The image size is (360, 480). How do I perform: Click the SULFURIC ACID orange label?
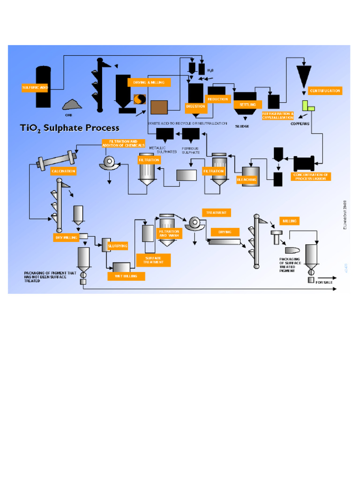click(35, 88)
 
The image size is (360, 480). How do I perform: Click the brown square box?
click(159, 107)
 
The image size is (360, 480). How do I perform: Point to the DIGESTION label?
click(195, 106)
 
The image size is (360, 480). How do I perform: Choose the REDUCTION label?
click(218, 99)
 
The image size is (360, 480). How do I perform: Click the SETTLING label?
click(247, 105)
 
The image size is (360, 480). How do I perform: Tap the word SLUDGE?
click(242, 126)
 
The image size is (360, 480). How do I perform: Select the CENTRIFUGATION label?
click(325, 90)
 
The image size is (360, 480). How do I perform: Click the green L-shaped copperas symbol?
click(307, 106)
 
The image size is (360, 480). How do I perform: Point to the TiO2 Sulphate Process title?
click(69, 128)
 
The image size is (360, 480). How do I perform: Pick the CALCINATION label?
click(63, 171)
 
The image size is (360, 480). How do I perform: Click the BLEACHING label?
click(247, 180)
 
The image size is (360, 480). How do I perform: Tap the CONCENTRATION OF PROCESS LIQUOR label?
click(311, 177)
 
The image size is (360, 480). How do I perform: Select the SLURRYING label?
click(118, 246)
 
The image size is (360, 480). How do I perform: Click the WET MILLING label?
click(126, 276)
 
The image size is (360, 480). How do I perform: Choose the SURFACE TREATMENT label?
click(153, 260)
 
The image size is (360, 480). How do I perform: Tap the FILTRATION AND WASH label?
click(169, 233)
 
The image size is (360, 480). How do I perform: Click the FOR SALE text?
click(324, 283)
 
